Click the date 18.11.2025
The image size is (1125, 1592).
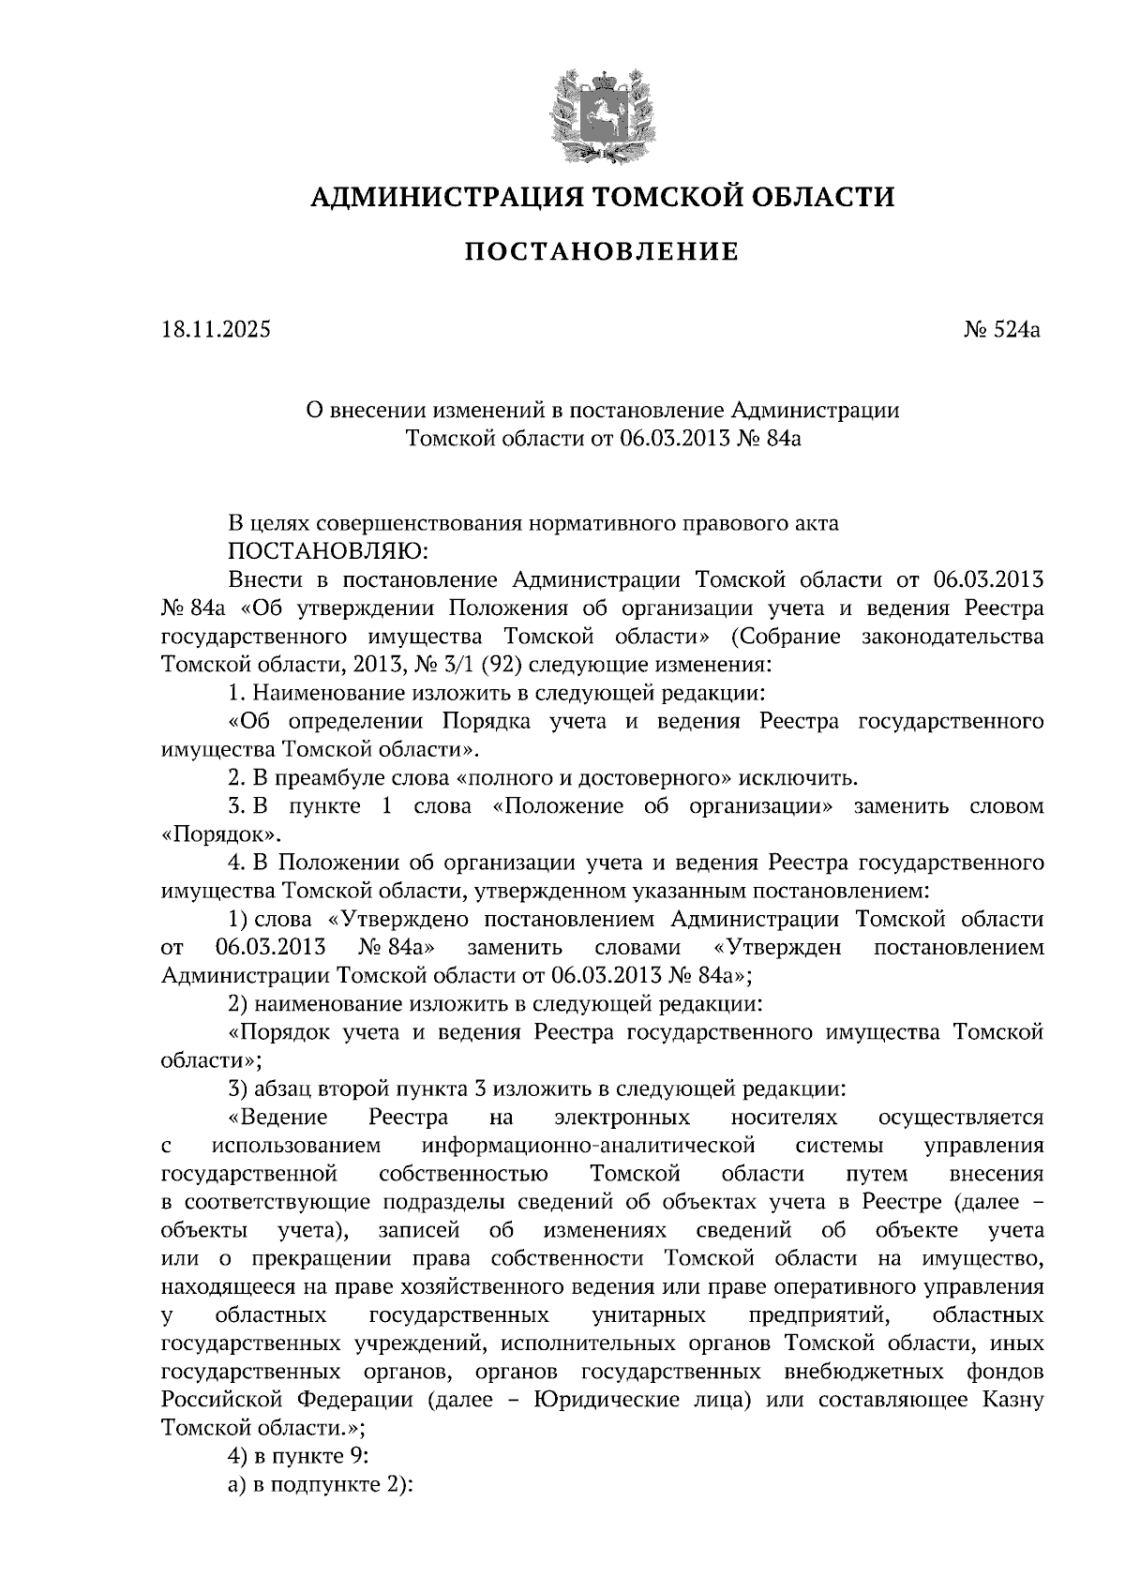pyautogui.click(x=215, y=329)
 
